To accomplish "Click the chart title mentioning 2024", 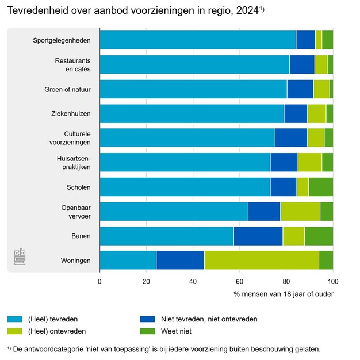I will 136,11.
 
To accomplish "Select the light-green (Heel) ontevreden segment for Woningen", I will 261,261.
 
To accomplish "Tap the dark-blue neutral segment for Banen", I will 258,236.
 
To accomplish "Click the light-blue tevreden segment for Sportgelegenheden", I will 197,40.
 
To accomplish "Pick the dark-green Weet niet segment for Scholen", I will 320,187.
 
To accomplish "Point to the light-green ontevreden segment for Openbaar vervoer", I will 300,212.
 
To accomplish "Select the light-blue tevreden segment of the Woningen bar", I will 128,261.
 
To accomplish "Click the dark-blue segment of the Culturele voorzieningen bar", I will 291,138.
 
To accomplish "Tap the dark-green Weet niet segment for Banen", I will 319,236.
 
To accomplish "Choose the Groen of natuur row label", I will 67,89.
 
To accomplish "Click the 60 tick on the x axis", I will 240,281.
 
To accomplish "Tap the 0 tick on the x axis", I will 99,281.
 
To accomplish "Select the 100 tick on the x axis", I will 333,281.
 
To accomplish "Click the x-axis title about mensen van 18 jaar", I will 284,294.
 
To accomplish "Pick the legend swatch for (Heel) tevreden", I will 14,319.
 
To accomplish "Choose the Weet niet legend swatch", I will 148,331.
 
